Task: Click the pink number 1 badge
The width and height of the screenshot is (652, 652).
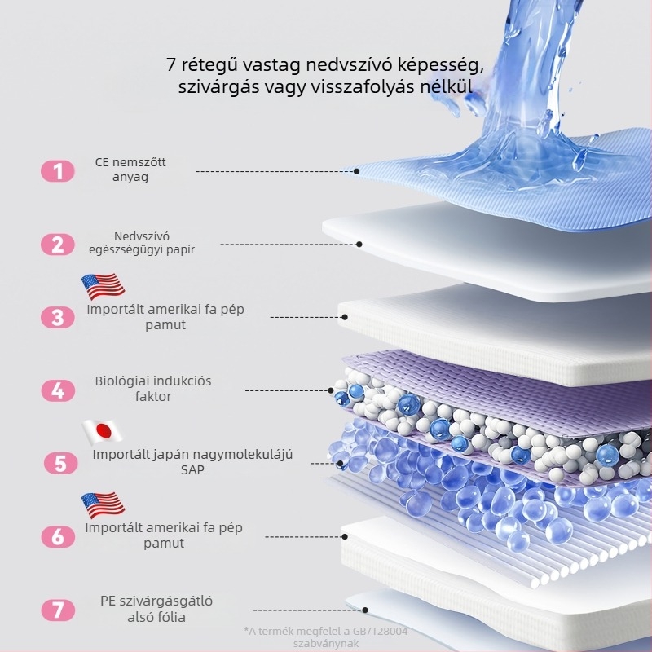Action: pyautogui.click(x=58, y=171)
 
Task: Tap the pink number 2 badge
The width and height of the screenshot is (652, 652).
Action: pyautogui.click(x=58, y=244)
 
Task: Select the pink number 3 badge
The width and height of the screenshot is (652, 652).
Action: pyautogui.click(x=58, y=318)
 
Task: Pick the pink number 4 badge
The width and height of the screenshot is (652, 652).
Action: pyautogui.click(x=58, y=391)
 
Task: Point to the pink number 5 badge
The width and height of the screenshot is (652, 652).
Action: pyautogui.click(x=60, y=464)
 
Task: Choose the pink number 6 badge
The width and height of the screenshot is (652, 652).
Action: pyautogui.click(x=58, y=537)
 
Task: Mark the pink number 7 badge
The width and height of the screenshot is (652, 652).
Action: pyautogui.click(x=58, y=610)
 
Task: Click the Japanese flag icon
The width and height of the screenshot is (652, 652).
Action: pyautogui.click(x=103, y=432)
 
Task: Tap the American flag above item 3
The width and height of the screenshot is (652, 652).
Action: pyautogui.click(x=104, y=287)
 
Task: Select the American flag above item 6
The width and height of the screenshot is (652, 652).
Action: pyautogui.click(x=104, y=505)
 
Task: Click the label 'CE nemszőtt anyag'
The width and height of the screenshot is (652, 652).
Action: pyautogui.click(x=130, y=170)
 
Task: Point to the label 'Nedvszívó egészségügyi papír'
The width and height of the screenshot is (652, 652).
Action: pyautogui.click(x=142, y=243)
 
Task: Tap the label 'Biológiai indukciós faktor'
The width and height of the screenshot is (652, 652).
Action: pyautogui.click(x=153, y=389)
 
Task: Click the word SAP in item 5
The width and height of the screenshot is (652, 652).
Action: pyautogui.click(x=192, y=470)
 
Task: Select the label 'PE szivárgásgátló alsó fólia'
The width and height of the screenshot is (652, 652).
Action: pyautogui.click(x=156, y=609)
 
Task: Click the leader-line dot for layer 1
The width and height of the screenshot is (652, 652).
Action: pyautogui.click(x=356, y=171)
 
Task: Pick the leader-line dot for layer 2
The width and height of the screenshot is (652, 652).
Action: pyautogui.click(x=359, y=244)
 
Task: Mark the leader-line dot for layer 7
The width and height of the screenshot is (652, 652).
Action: pyautogui.click(x=364, y=610)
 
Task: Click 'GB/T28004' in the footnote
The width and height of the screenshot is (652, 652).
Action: pyautogui.click(x=380, y=632)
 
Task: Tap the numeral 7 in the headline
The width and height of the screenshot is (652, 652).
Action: pyautogui.click(x=171, y=65)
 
